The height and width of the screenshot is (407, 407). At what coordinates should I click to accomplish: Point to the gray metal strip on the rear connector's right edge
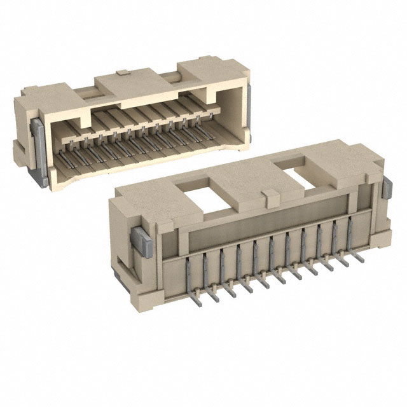pos(249,112)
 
